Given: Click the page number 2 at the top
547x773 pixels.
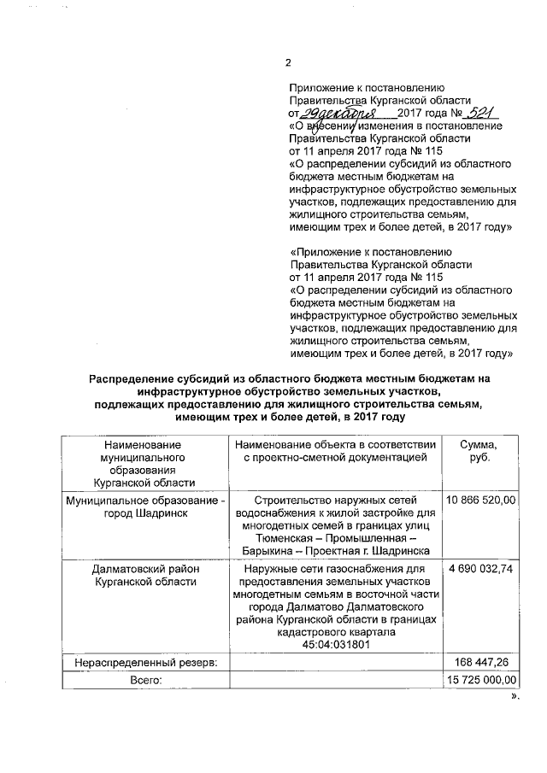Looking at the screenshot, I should (288, 63).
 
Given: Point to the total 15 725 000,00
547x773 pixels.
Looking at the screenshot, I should (481, 679).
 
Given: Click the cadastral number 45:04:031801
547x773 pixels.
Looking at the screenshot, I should (333, 646).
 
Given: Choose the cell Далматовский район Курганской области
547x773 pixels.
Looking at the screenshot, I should (144, 575).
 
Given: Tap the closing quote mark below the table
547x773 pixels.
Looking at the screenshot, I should (515, 696).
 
